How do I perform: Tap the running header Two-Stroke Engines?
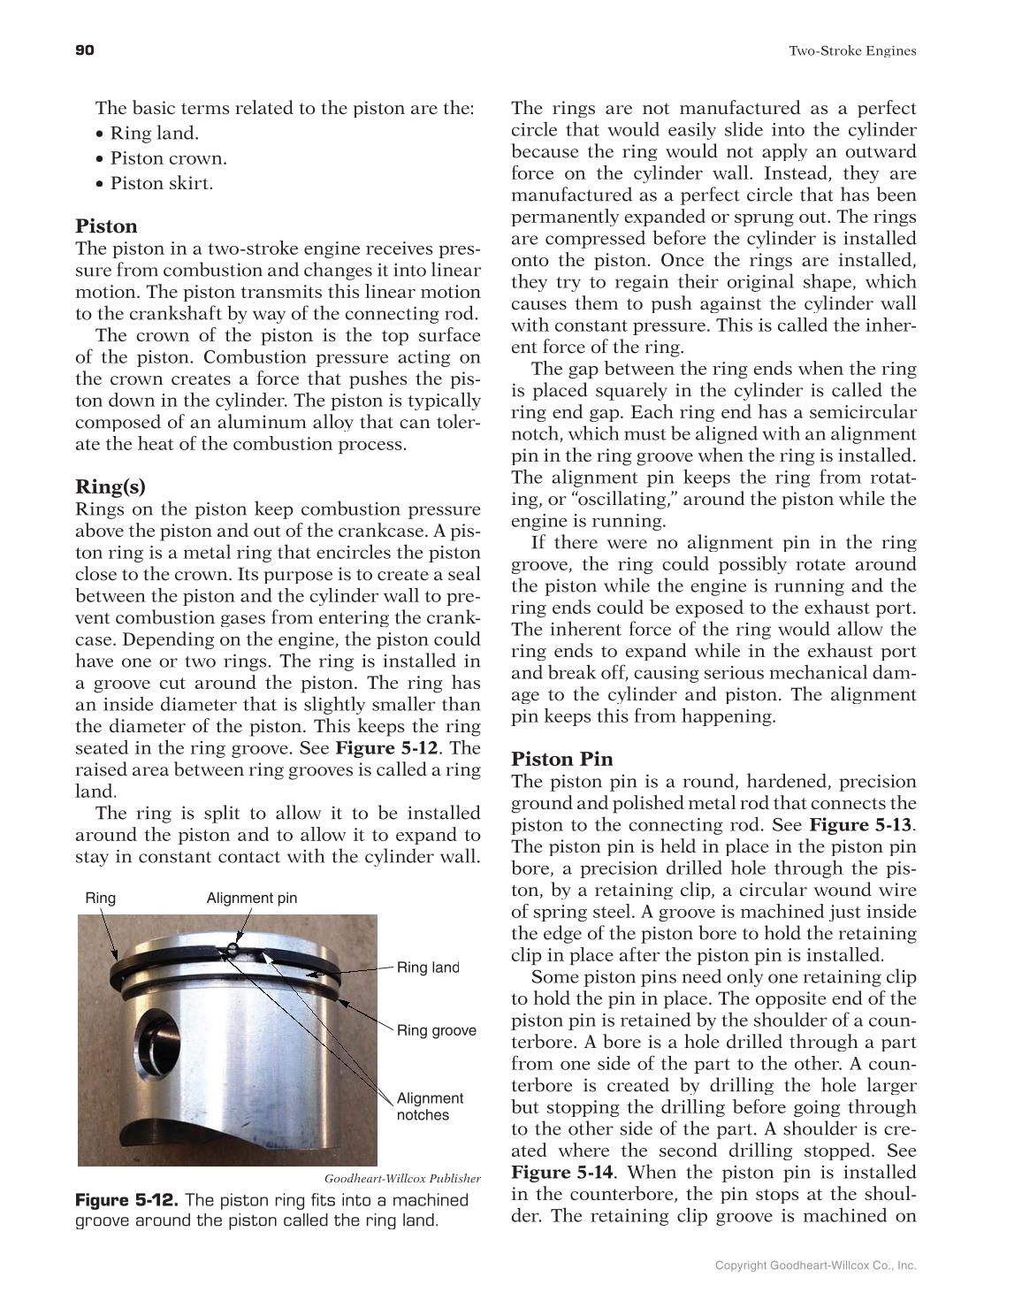coord(851,51)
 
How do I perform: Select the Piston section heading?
coord(106,226)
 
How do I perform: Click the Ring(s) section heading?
coord(111,486)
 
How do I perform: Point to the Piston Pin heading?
coord(561,759)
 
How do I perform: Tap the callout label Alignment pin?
coord(252,899)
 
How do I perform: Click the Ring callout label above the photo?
coord(100,899)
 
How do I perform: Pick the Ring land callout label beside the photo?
coord(428,968)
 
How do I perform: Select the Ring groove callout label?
coord(436,1030)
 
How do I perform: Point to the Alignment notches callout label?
coord(430,1106)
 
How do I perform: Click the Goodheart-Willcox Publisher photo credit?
coord(402,1178)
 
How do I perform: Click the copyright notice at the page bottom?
coord(815,1266)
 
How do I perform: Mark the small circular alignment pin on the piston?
coord(231,950)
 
